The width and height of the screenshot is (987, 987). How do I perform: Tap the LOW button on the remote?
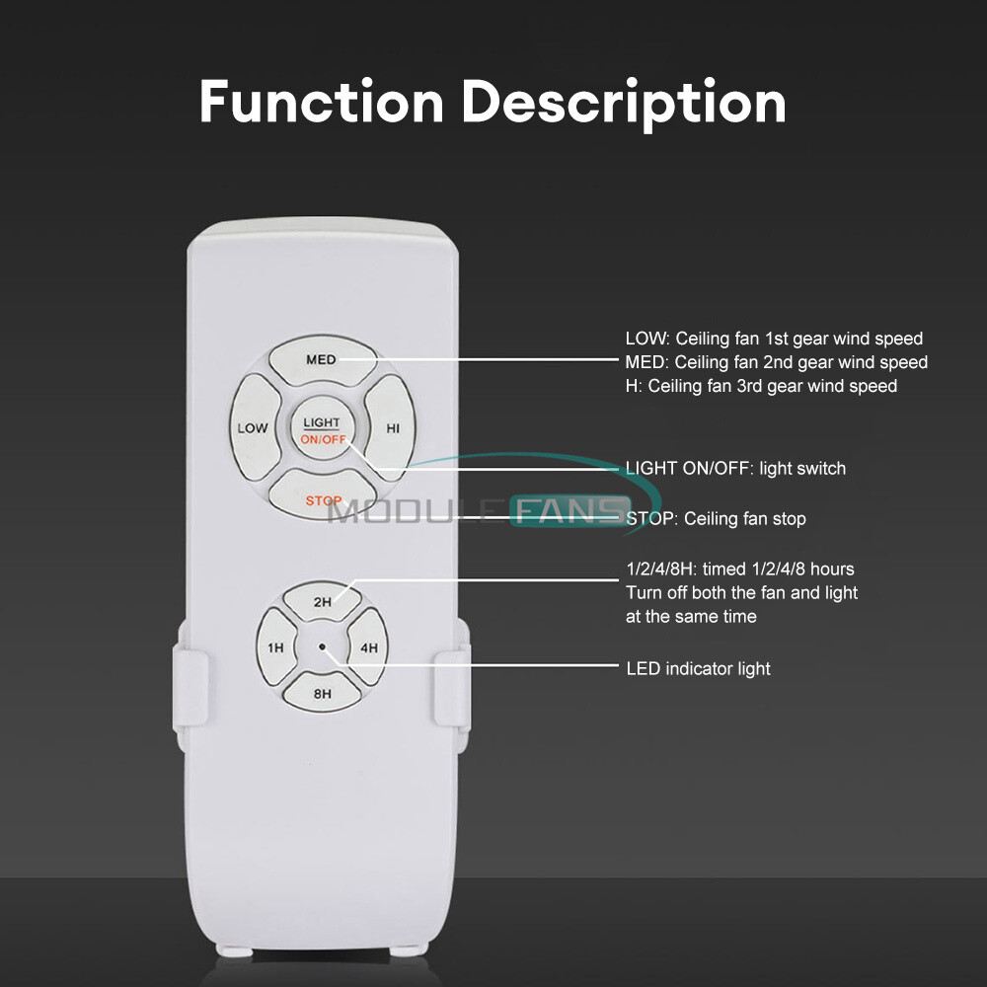tap(253, 427)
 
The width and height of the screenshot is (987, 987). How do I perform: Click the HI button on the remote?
tap(391, 427)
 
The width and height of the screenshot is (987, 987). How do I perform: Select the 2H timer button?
tap(322, 601)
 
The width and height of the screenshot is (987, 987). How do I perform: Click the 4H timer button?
tap(368, 647)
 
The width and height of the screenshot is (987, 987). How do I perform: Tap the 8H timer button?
tap(322, 693)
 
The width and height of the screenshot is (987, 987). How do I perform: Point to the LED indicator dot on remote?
tap(322, 647)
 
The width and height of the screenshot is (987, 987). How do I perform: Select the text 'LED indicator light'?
tap(698, 669)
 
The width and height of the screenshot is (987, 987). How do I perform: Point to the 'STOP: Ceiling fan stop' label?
tap(716, 518)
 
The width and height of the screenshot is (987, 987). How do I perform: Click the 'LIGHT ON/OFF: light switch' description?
tap(735, 468)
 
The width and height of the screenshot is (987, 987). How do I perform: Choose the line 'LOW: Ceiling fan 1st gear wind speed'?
tap(774, 340)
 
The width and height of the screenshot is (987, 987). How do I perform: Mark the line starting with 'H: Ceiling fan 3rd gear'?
tap(761, 386)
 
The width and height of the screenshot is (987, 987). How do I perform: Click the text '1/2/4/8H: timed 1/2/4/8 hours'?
tap(740, 569)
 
